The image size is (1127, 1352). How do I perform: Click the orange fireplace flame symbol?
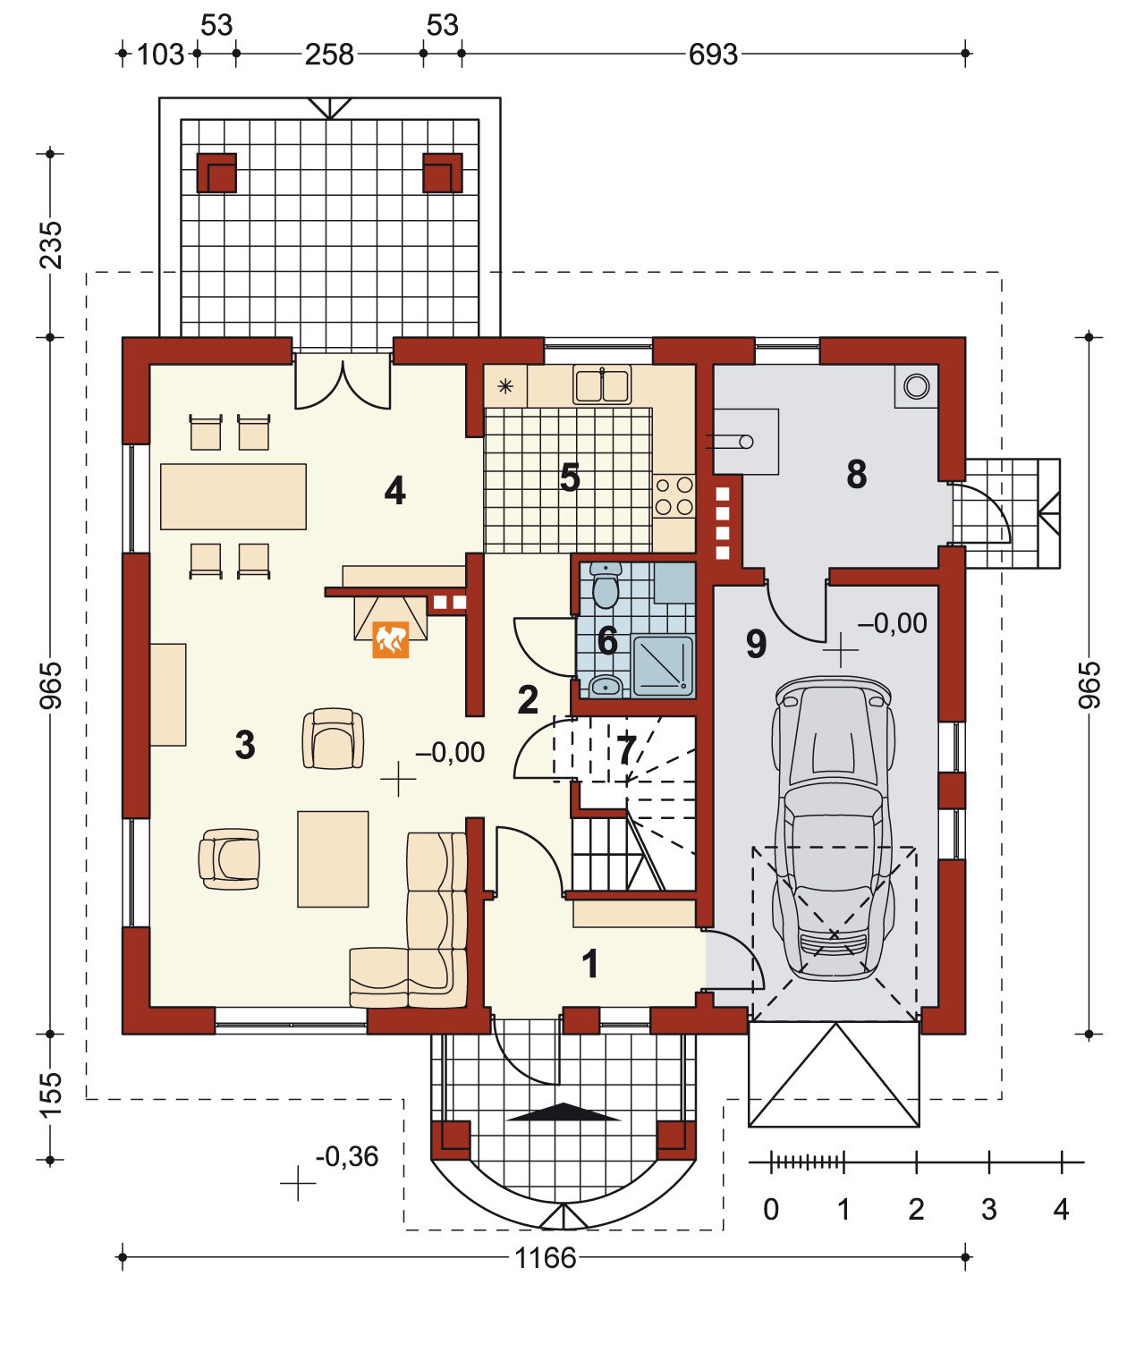pyautogui.click(x=390, y=639)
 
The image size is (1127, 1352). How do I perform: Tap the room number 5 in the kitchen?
pyautogui.click(x=570, y=477)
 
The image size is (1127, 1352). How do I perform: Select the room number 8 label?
pyautogui.click(x=856, y=474)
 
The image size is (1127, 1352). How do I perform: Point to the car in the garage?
pyautogui.click(x=834, y=829)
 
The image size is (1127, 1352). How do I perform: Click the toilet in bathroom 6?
pyautogui.click(x=605, y=586)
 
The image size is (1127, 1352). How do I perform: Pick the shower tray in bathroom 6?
pyautogui.click(x=662, y=665)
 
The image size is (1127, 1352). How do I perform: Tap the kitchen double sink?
pyautogui.click(x=602, y=385)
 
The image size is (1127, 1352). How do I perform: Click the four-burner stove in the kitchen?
pyautogui.click(x=674, y=496)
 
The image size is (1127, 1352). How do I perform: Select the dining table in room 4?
pyautogui.click(x=233, y=496)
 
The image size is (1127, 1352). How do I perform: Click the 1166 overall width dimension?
pyautogui.click(x=545, y=1257)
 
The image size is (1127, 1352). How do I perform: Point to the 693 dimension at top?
pyautogui.click(x=713, y=55)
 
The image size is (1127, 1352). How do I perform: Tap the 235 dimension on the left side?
pyautogui.click(x=51, y=245)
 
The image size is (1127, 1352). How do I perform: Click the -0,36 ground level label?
pyautogui.click(x=346, y=1156)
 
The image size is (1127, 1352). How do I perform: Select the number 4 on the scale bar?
pyautogui.click(x=1061, y=1209)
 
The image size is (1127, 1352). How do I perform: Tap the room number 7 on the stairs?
pyautogui.click(x=626, y=750)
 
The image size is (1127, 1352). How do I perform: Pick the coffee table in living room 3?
pyautogui.click(x=333, y=859)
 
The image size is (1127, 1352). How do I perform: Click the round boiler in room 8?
pyautogui.click(x=917, y=386)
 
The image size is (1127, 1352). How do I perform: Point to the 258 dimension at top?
pyautogui.click(x=329, y=55)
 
